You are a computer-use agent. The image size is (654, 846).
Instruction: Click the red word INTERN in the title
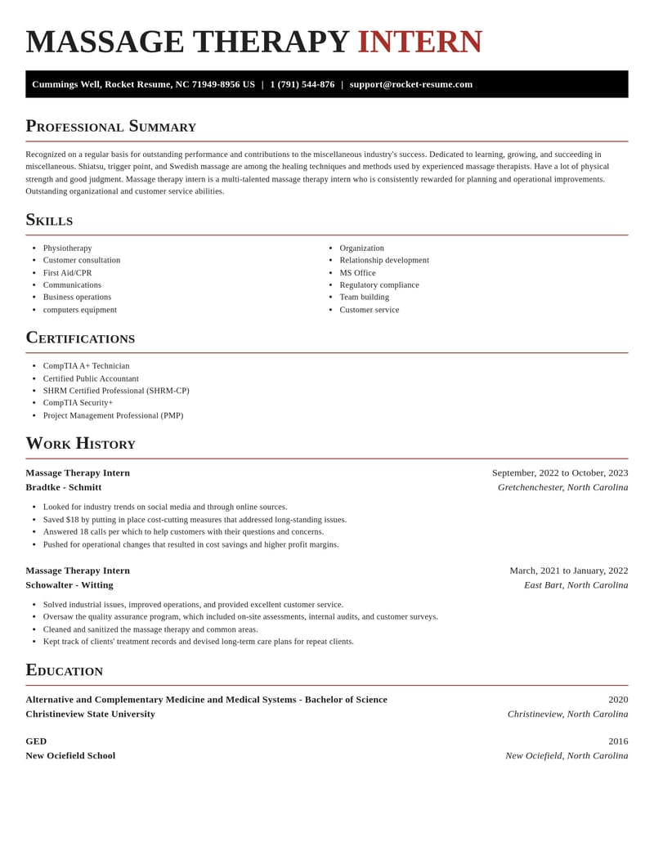pos(419,43)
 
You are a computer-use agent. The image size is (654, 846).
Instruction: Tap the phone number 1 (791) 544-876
pos(302,84)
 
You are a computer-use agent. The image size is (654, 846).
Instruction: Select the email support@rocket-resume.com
pos(410,84)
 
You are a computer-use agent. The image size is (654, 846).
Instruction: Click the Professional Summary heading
pos(110,126)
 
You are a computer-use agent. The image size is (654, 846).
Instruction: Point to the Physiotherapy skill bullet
pos(67,248)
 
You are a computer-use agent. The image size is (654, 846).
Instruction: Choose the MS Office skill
pos(357,273)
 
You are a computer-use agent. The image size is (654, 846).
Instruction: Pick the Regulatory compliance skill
pos(379,285)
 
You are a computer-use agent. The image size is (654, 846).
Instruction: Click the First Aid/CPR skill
pos(67,273)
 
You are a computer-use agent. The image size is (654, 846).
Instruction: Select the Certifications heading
pos(80,338)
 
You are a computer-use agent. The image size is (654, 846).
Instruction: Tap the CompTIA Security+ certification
pos(78,403)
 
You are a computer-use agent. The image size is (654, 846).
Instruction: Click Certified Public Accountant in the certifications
pos(91,379)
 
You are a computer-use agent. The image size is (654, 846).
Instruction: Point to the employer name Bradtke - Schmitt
pos(64,487)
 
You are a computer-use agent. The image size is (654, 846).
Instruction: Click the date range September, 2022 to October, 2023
pos(559,472)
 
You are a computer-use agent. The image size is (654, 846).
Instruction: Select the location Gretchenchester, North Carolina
pos(562,487)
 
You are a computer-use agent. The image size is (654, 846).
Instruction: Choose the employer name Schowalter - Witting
pos(69,585)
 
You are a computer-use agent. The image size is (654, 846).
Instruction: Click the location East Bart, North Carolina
pos(576,585)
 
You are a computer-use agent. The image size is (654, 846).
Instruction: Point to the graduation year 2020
pos(618,700)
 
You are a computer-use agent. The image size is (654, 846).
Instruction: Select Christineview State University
pos(90,714)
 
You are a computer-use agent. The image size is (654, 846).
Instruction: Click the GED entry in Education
pos(36,741)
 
